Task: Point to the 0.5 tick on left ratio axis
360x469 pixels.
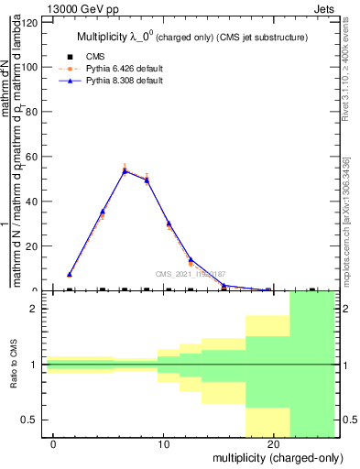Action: point(31,420)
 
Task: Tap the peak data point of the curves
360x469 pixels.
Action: point(125,170)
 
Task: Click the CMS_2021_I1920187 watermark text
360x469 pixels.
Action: point(191,274)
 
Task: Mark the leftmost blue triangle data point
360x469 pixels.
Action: point(70,274)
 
